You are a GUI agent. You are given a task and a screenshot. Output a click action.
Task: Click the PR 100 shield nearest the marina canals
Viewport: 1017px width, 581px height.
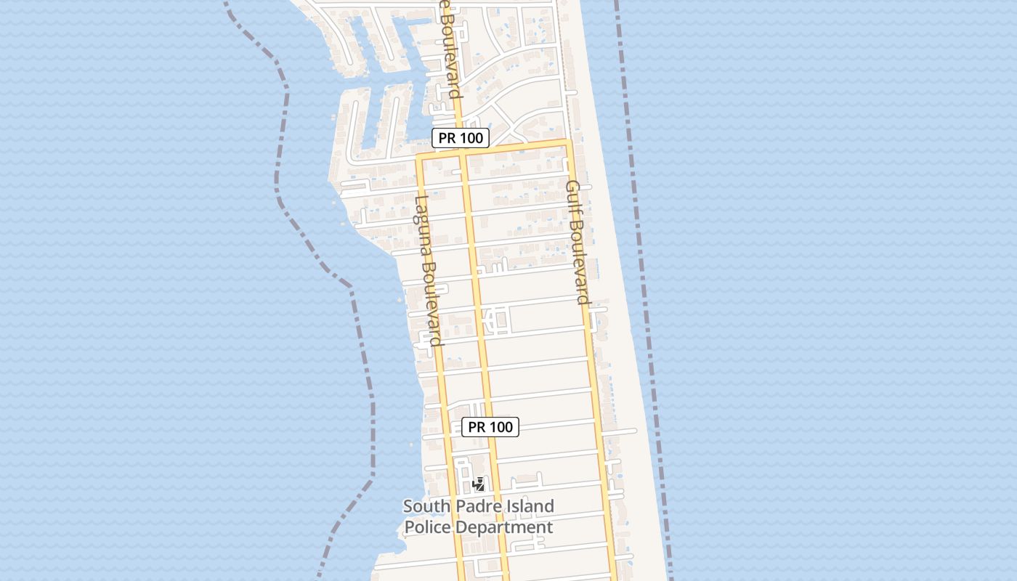[461, 138]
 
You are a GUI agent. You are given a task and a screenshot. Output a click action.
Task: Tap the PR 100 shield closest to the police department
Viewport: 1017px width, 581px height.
[490, 427]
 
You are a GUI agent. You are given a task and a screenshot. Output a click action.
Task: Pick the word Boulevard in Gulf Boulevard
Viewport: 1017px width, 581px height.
[580, 261]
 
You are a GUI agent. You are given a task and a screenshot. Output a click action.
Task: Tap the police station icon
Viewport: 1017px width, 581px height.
[479, 484]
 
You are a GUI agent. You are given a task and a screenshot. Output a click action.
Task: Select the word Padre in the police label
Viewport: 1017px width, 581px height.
[471, 506]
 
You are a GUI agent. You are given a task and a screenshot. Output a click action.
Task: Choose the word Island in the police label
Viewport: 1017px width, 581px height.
[525, 506]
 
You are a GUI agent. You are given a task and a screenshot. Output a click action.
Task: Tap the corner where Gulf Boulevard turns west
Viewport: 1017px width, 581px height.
[567, 142]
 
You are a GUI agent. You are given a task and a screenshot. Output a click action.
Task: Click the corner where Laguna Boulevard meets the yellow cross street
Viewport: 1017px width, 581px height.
[419, 155]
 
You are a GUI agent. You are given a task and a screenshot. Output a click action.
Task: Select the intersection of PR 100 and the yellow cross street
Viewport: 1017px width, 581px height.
[462, 153]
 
